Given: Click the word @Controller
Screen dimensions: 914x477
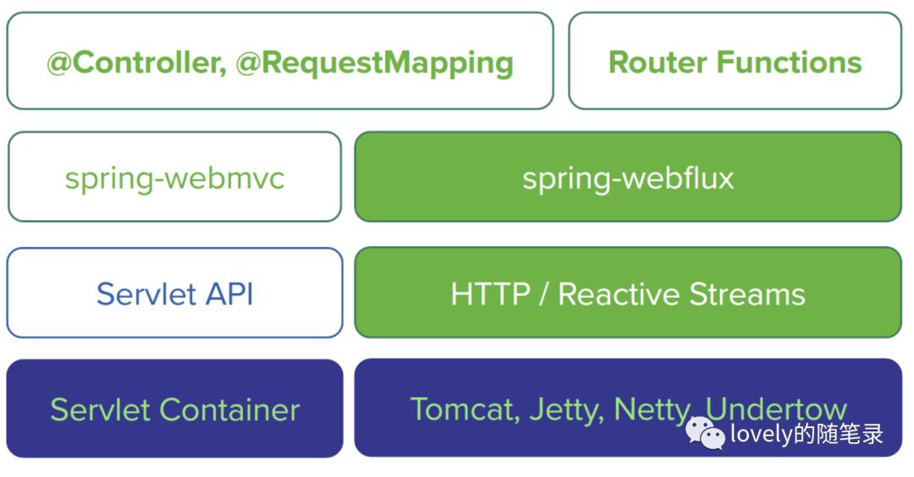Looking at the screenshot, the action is (136, 63).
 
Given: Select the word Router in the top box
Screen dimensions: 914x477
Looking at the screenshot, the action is (657, 63).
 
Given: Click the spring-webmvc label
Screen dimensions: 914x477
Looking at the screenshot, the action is (174, 178).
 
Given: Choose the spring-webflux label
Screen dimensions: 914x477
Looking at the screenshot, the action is (628, 178).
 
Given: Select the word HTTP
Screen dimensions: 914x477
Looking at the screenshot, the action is (490, 294).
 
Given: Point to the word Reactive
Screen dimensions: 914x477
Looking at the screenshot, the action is (619, 294).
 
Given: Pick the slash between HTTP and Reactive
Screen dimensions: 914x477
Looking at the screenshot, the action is (544, 294).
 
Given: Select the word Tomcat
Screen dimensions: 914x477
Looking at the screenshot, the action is (465, 409).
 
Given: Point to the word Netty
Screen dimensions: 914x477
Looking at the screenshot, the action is (652, 410).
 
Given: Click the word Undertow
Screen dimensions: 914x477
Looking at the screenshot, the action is (776, 408).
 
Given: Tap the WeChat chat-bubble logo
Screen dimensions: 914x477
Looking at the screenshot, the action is (705, 434).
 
